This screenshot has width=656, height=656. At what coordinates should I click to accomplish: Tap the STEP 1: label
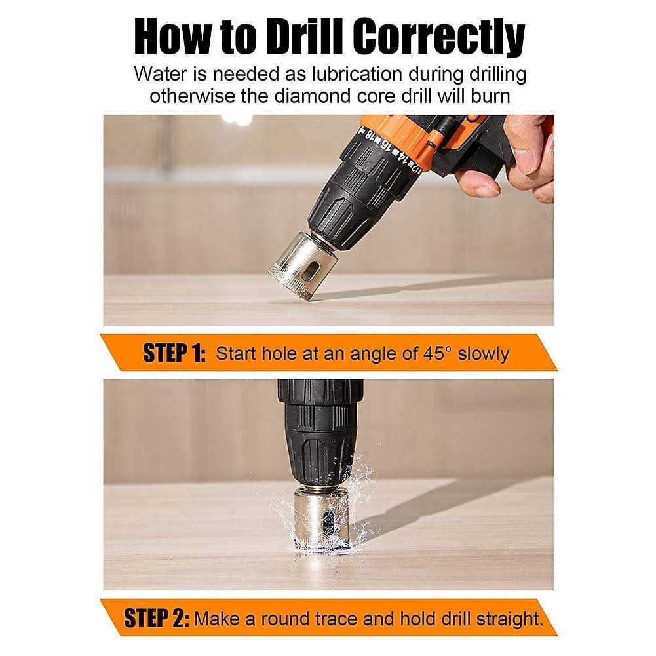[174, 353]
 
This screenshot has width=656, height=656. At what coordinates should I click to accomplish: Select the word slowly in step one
[483, 355]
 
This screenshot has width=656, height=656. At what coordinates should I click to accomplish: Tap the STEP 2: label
[157, 619]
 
